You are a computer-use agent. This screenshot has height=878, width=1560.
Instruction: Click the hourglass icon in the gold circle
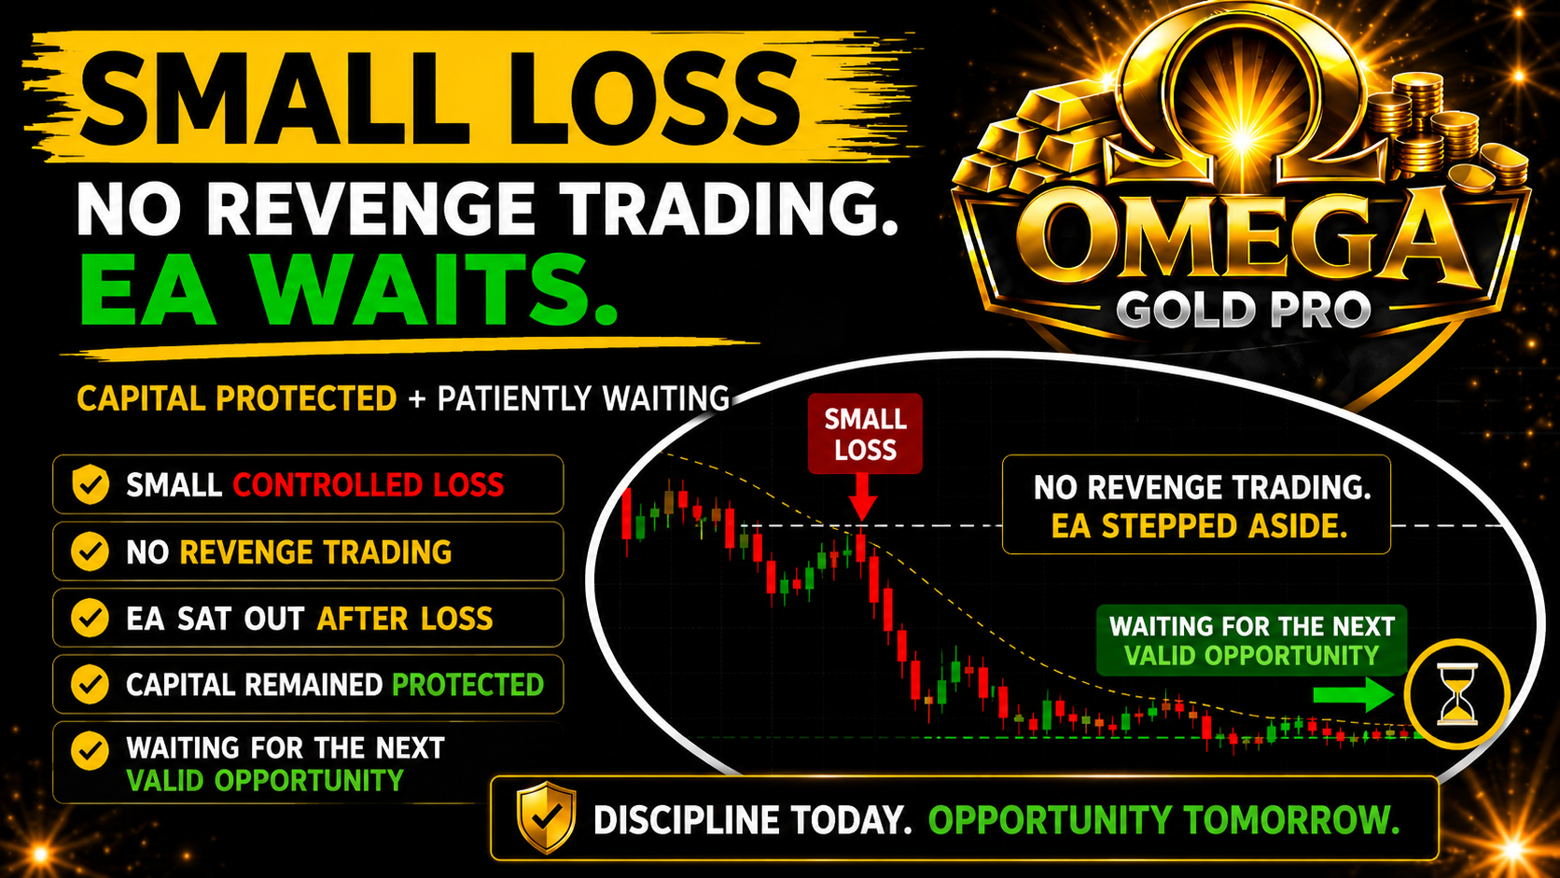coord(1457,694)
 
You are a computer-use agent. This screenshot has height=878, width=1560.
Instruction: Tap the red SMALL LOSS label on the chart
coord(865,434)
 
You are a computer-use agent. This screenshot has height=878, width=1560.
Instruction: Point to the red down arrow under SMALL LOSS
coord(862,498)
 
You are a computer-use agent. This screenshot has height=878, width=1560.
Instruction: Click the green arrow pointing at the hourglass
coord(1354,694)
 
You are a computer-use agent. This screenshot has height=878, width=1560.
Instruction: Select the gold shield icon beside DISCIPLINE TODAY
coord(547,816)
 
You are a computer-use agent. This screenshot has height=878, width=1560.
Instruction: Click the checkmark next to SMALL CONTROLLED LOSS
coord(91,484)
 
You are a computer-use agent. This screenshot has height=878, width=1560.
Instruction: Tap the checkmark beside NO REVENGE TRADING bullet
coord(90,551)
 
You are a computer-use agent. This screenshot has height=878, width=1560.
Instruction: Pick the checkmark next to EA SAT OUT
coord(90,618)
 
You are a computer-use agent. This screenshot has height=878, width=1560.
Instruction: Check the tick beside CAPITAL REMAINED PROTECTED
coord(90,685)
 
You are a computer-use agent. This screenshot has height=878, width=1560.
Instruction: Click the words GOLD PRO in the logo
coord(1243,309)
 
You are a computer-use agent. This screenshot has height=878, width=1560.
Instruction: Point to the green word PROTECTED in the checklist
coord(468,685)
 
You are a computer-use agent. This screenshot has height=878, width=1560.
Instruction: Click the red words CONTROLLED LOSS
coord(369,485)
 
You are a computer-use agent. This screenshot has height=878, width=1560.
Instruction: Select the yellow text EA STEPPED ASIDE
coord(1199,526)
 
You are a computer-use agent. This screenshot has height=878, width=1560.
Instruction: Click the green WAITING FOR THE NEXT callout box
coord(1251,641)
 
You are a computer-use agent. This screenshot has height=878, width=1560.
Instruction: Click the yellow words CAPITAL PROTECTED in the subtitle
coord(237,399)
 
